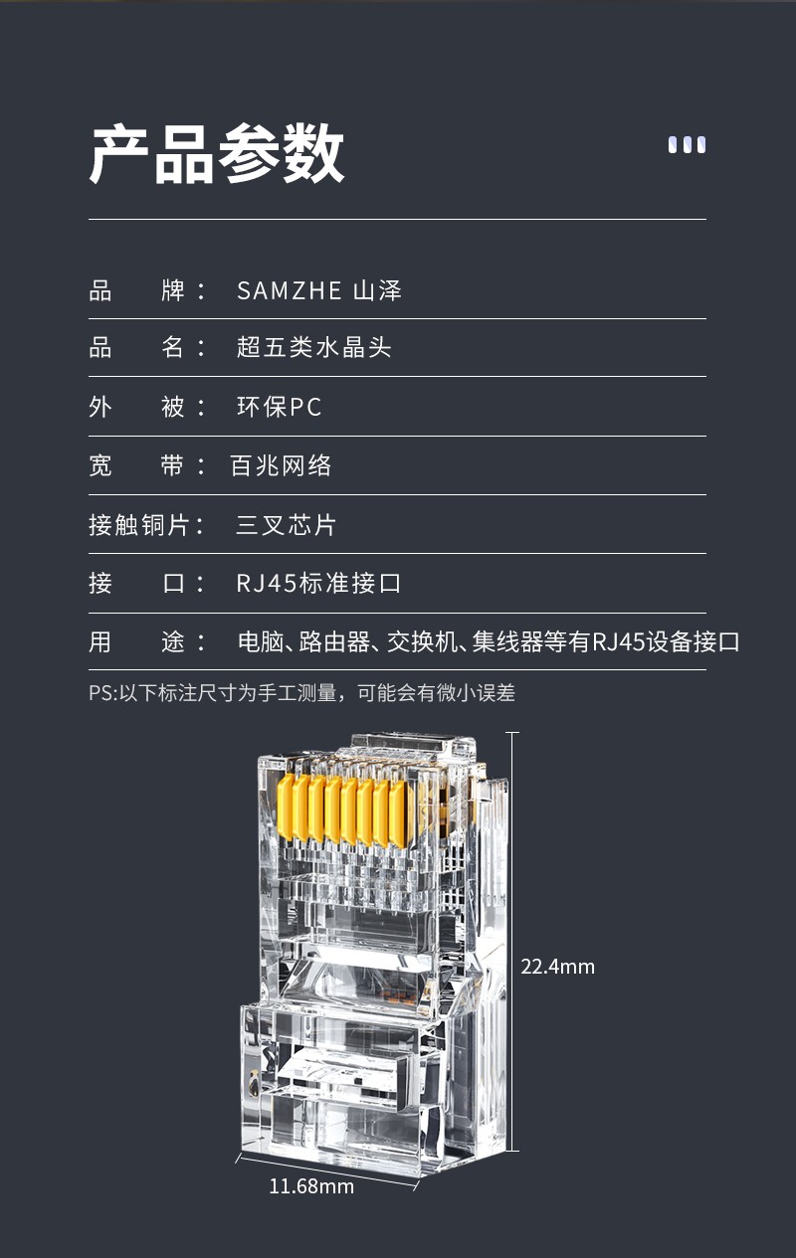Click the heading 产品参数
(217, 153)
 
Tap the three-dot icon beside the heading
(687, 144)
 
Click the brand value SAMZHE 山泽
(319, 290)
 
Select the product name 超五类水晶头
(313, 347)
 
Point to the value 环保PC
(280, 407)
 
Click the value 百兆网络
(281, 465)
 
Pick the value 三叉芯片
(286, 525)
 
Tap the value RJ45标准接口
(318, 583)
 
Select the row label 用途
(145, 641)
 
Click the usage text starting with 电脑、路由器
(489, 641)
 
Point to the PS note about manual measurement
(301, 692)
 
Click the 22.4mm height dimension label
(557, 967)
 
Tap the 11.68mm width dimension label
(311, 1186)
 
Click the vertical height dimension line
(511, 941)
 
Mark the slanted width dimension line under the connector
(327, 1171)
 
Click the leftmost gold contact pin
(286, 808)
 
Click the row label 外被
(145, 407)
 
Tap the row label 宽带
(145, 465)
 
